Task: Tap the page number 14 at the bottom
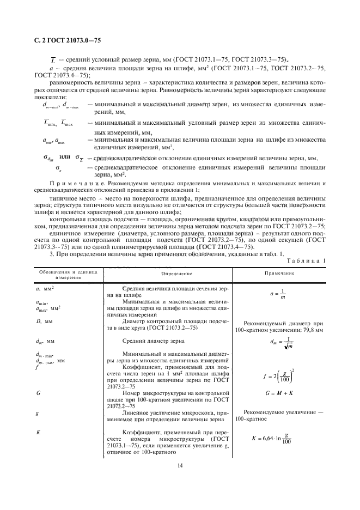tap(179, 465)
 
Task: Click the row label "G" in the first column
tap(38, 392)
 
